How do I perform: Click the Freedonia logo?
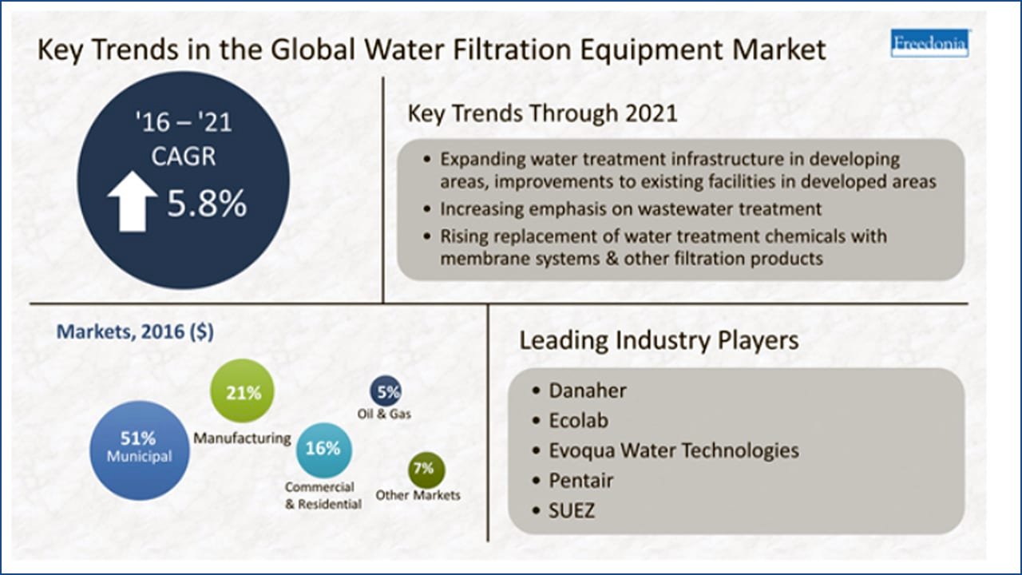click(x=930, y=43)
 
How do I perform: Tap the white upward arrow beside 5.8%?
click(x=133, y=201)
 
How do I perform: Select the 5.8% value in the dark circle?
click(x=207, y=203)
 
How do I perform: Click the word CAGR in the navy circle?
click(x=184, y=156)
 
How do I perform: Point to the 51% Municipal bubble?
click(x=139, y=450)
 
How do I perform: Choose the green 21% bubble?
click(x=242, y=391)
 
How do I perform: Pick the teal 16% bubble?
click(x=323, y=450)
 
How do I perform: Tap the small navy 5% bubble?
click(x=386, y=391)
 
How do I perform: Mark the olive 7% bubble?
click(x=426, y=470)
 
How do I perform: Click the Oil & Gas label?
click(x=384, y=414)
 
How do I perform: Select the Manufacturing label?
click(x=242, y=438)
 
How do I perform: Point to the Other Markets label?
click(x=418, y=495)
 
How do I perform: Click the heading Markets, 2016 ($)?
click(x=135, y=331)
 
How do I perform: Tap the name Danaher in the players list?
click(x=588, y=391)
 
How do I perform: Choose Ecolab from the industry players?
click(x=579, y=420)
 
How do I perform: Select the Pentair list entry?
click(x=580, y=481)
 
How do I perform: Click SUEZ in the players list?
click(x=572, y=510)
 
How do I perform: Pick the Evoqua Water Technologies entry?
click(x=674, y=451)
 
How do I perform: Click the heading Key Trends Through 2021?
click(x=542, y=113)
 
